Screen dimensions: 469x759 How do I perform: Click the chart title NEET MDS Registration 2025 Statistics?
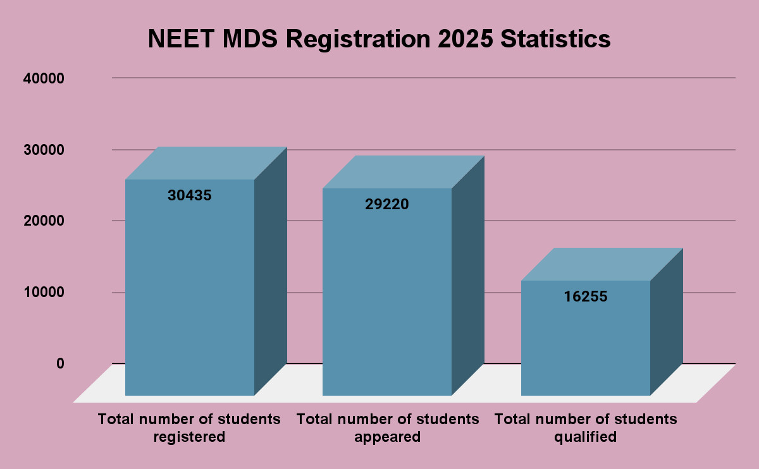pos(379,39)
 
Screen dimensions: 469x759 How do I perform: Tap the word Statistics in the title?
pos(555,39)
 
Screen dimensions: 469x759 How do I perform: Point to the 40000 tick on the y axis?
pos(44,78)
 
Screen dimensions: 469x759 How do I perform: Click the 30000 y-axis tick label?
pos(44,150)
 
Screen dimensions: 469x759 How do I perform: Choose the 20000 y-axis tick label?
pos(44,221)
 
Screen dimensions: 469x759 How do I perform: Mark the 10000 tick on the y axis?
pos(44,292)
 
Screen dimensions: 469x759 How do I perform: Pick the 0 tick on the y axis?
pos(60,363)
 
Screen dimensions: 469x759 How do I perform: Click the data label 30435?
pos(190,195)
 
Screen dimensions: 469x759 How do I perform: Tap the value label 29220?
pos(387,204)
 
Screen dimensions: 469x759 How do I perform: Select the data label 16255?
pos(586,296)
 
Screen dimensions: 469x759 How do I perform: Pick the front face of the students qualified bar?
pos(586,348)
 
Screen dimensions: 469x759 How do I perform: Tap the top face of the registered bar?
pos(206,163)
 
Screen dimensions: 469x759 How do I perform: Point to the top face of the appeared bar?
pos(404,172)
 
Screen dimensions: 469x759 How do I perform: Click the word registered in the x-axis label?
pos(189,437)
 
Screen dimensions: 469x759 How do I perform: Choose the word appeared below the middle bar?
pos(388,437)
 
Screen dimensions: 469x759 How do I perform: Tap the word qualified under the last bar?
pos(585,437)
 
